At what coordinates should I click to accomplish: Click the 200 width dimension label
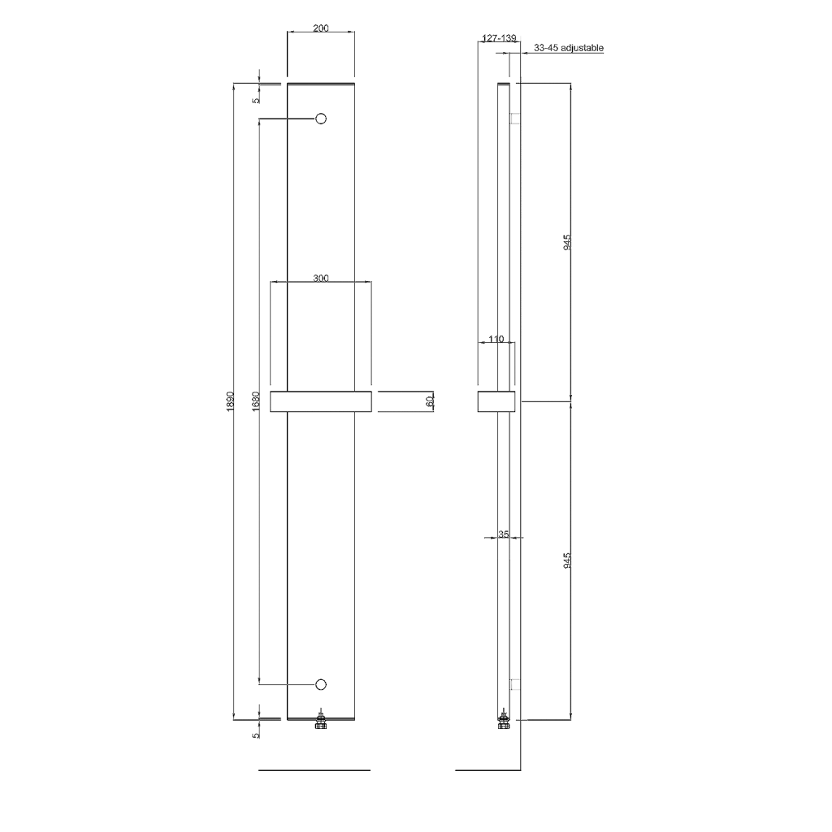320,28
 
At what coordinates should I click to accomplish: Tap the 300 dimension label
320,278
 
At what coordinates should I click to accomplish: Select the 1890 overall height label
230,401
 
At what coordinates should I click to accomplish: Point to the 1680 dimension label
256,401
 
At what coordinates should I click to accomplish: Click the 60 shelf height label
430,401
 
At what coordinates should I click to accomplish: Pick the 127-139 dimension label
498,38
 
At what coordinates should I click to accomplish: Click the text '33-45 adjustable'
568,48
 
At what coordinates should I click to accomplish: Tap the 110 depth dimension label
496,339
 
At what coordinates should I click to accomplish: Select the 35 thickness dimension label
504,535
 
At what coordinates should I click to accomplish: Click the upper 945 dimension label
567,242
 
